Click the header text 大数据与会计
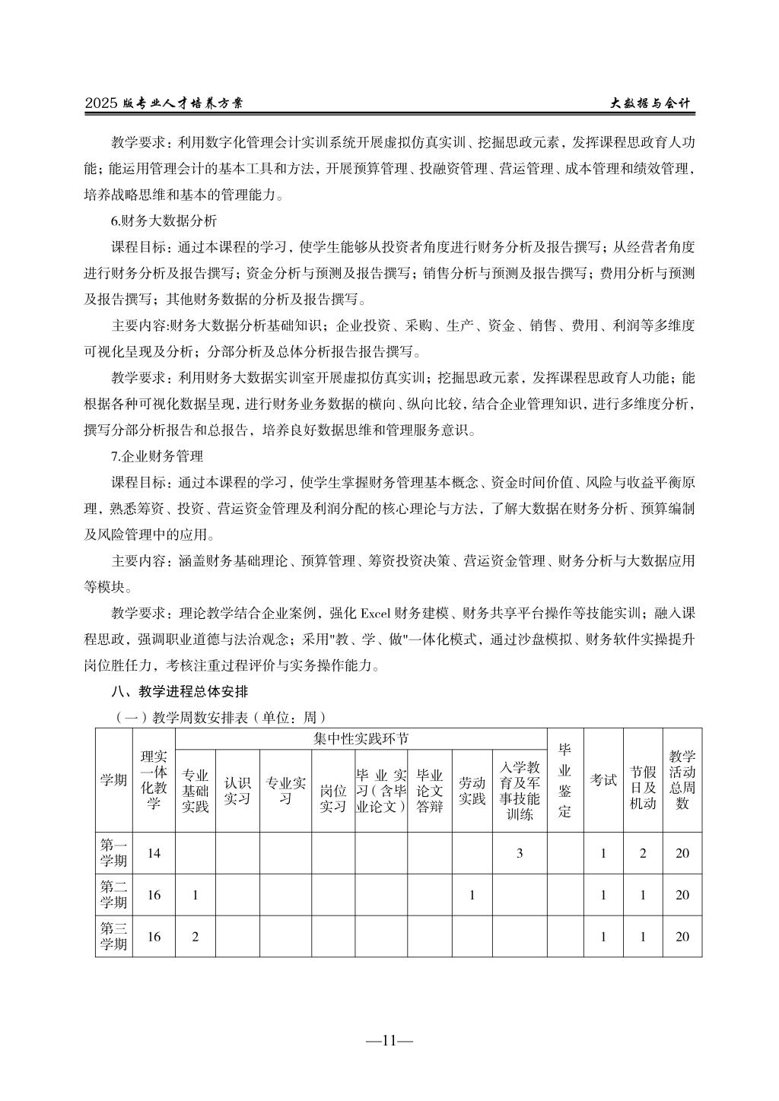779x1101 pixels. (650, 104)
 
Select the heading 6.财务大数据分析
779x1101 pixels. (164, 221)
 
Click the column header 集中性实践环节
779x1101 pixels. (361, 738)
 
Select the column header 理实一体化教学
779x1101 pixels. (154, 779)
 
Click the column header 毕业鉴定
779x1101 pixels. (564, 779)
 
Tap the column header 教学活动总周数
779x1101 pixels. (682, 779)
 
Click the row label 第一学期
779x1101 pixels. (114, 852)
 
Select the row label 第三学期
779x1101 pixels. (114, 936)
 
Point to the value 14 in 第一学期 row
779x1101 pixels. (154, 853)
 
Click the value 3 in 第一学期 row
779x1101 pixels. (520, 853)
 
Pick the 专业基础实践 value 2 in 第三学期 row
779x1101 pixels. (195, 937)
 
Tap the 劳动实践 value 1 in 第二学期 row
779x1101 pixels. (472, 895)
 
